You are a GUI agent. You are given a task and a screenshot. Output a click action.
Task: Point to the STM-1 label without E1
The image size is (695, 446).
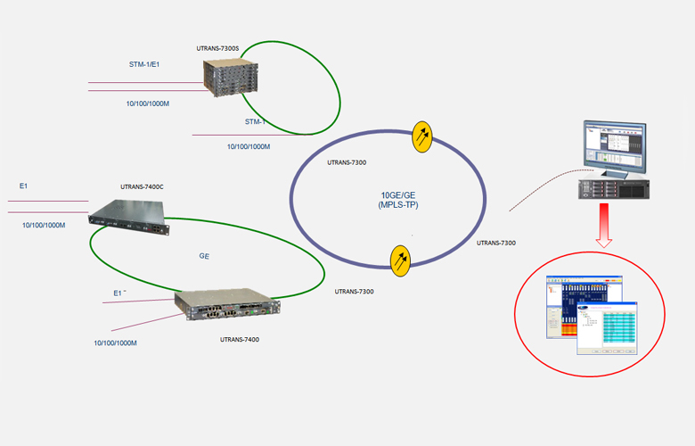pyautogui.click(x=256, y=121)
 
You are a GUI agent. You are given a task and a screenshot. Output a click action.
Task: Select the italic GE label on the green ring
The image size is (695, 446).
pyautogui.click(x=204, y=255)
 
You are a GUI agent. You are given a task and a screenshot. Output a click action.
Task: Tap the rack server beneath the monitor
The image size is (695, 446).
pyautogui.click(x=614, y=187)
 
